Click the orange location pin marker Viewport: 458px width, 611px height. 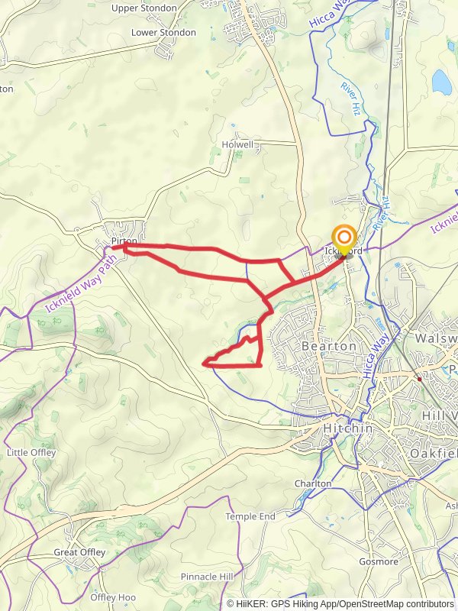pyautogui.click(x=344, y=238)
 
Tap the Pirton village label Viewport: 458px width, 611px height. pyautogui.click(x=123, y=241)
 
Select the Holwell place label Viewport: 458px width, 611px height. pyautogui.click(x=237, y=144)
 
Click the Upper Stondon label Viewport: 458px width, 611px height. pyautogui.click(x=144, y=8)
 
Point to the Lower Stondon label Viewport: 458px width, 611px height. pyautogui.click(x=163, y=33)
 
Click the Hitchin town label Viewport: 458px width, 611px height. pyautogui.click(x=348, y=429)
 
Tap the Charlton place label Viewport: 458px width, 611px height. pyautogui.click(x=313, y=483)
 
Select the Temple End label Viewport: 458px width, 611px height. pyautogui.click(x=250, y=517)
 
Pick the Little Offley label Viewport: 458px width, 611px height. pyautogui.click(x=27, y=453)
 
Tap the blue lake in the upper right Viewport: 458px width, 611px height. pyautogui.click(x=441, y=80)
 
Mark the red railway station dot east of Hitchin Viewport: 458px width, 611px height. pyautogui.click(x=419, y=378)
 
